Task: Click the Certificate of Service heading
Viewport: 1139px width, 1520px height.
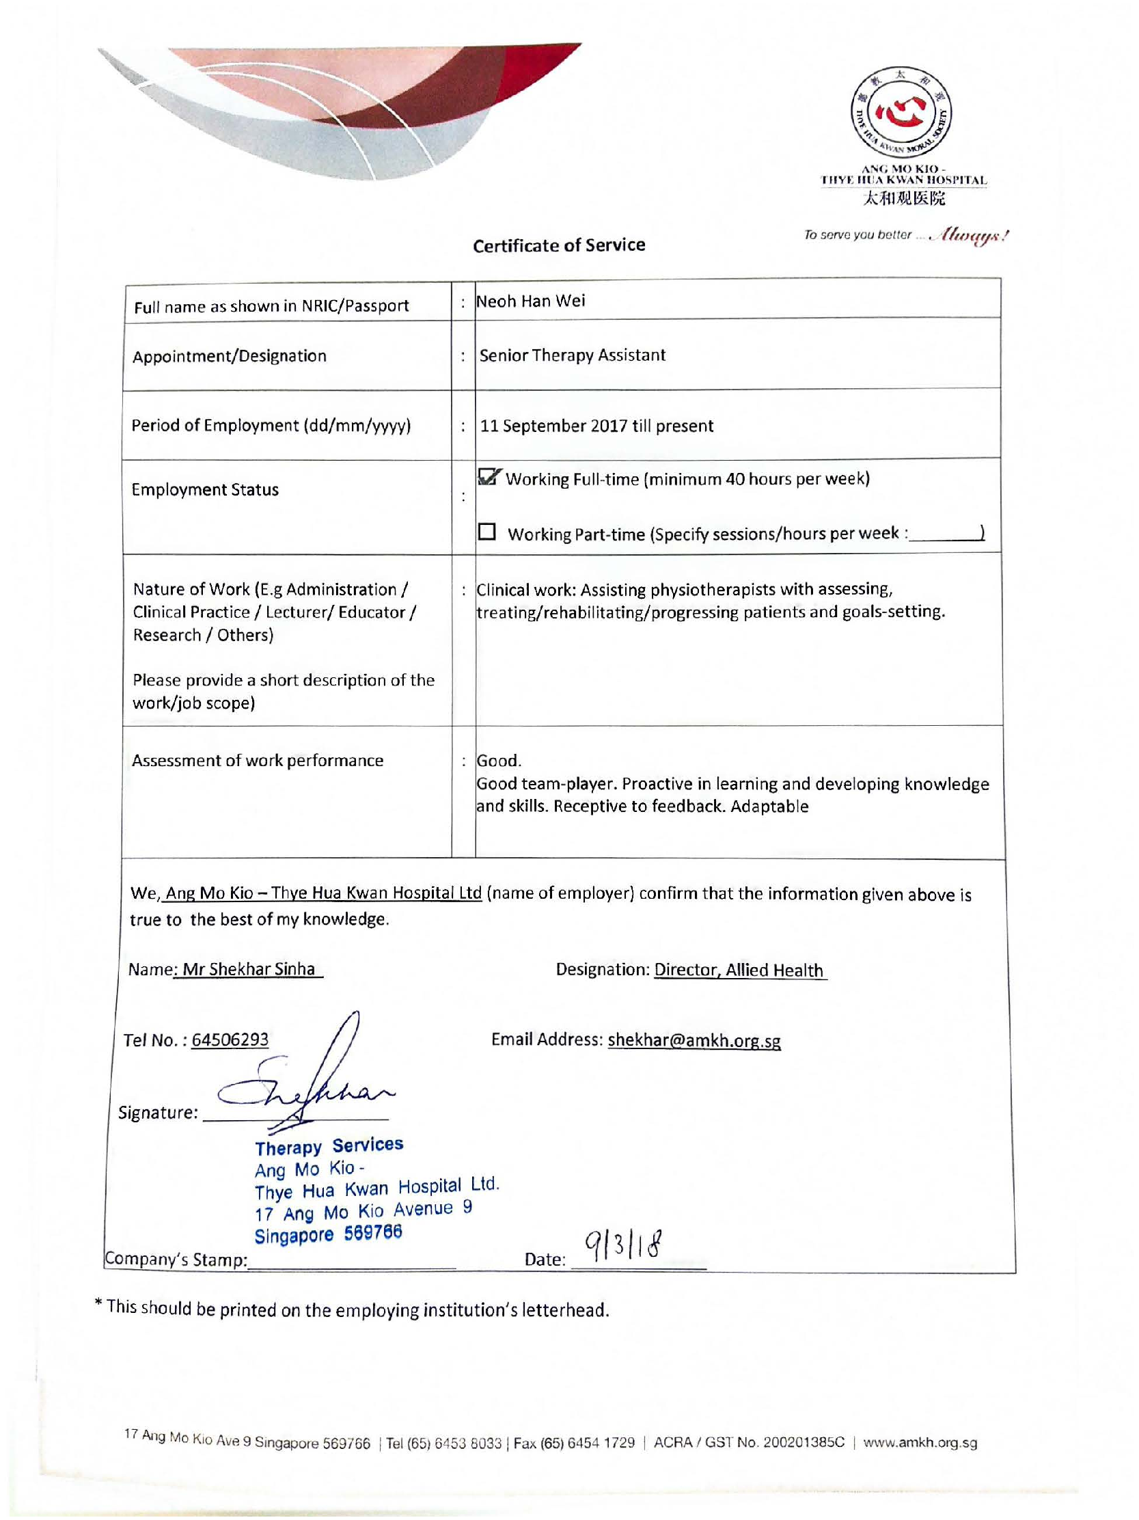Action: pyautogui.click(x=558, y=245)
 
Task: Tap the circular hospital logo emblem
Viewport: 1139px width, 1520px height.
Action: pyautogui.click(x=901, y=112)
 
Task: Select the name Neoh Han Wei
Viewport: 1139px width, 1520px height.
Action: pyautogui.click(x=531, y=301)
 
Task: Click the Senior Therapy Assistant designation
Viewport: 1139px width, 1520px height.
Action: pyautogui.click(x=573, y=355)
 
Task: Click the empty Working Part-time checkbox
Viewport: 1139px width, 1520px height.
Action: pyautogui.click(x=487, y=532)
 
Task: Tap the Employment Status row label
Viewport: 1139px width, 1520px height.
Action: pyautogui.click(x=205, y=490)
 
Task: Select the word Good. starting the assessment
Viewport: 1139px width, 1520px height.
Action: pyautogui.click(x=499, y=761)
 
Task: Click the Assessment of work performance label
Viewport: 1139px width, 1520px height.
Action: pyautogui.click(x=258, y=761)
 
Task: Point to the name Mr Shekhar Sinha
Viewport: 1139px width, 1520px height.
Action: pyautogui.click(x=249, y=969)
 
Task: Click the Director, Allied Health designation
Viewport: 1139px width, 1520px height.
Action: pyautogui.click(x=739, y=970)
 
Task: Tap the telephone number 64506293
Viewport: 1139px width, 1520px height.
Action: pyautogui.click(x=230, y=1040)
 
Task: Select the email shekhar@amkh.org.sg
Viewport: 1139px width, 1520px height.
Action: pyautogui.click(x=694, y=1040)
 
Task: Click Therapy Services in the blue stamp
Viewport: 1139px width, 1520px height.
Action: pyautogui.click(x=329, y=1146)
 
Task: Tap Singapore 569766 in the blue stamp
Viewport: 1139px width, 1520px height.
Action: pyautogui.click(x=329, y=1234)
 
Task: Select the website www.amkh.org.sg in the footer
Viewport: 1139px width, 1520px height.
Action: pyautogui.click(x=920, y=1443)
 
